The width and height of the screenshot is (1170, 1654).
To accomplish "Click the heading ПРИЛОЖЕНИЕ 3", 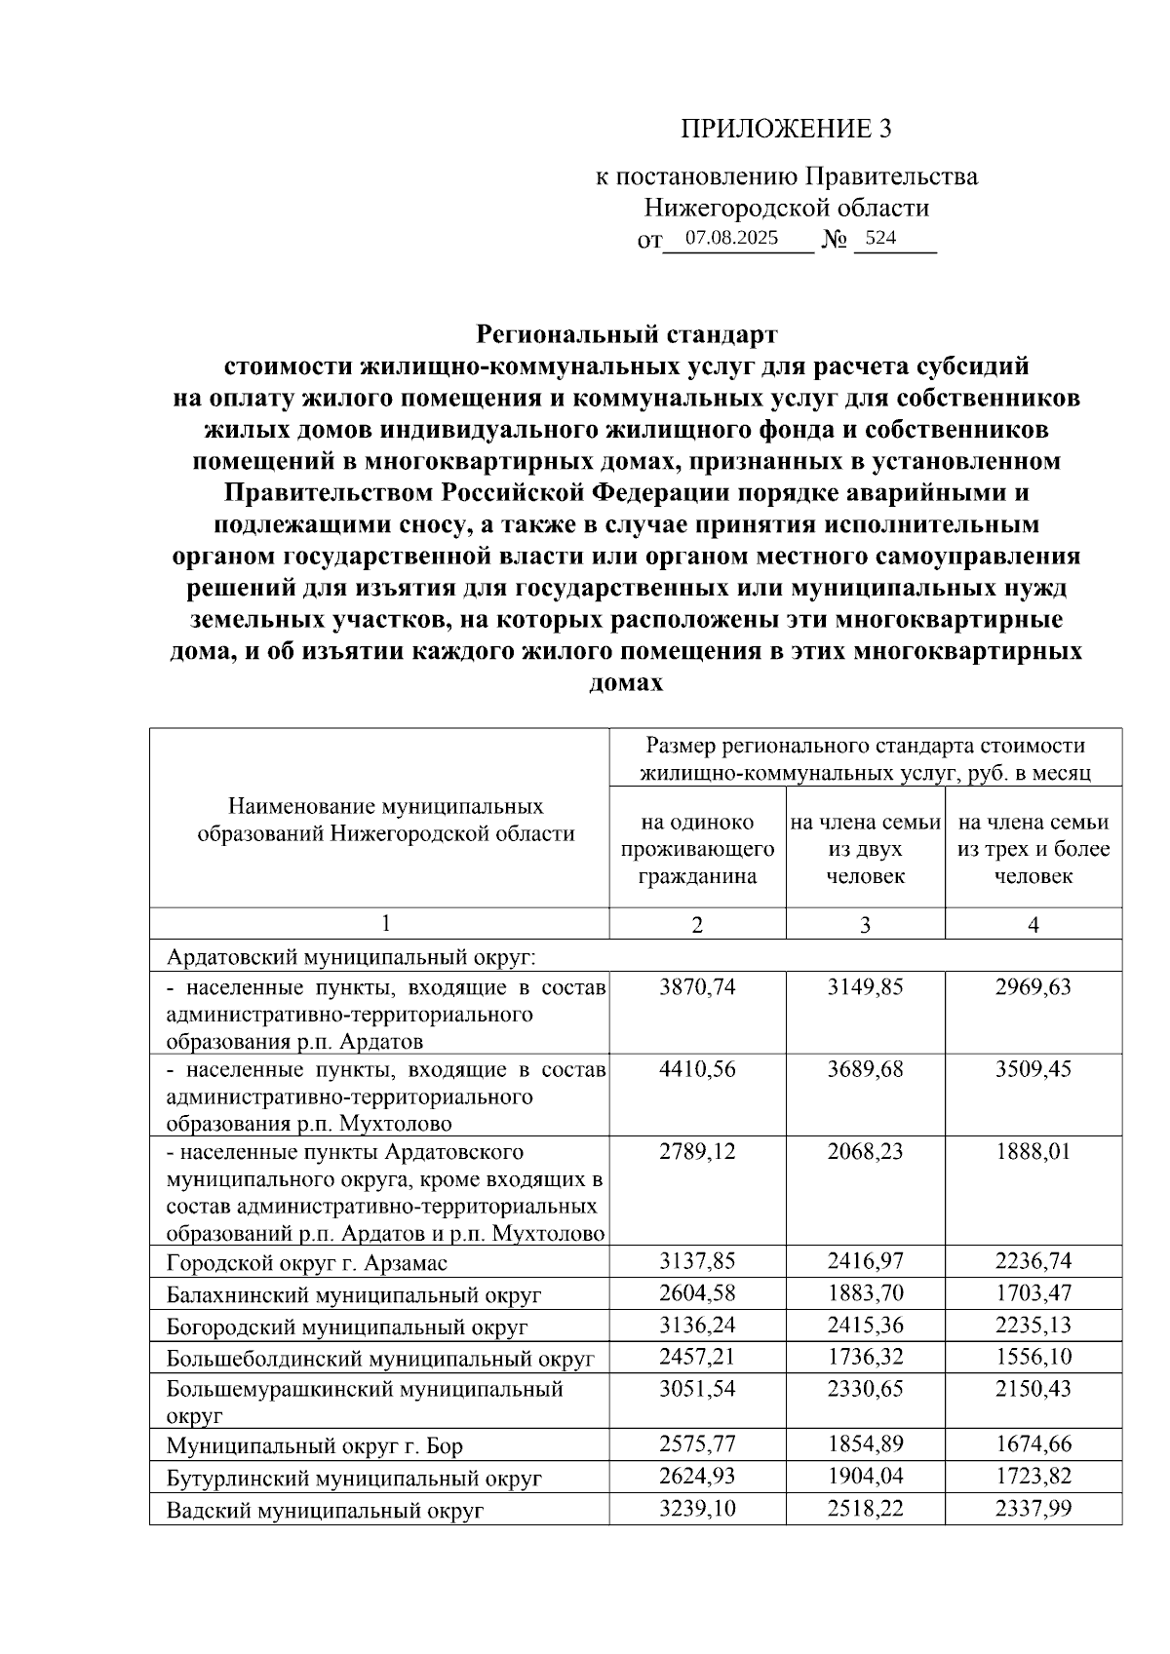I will (786, 129).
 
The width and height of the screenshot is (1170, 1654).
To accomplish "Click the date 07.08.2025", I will (731, 238).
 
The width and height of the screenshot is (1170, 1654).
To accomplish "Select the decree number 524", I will (880, 238).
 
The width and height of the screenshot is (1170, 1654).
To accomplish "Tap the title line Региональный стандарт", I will (626, 334).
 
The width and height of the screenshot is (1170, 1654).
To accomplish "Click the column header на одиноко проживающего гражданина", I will (697, 849).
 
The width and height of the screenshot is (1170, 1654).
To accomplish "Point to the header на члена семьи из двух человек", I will (865, 849).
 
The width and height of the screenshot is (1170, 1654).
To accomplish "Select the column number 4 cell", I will (1033, 924).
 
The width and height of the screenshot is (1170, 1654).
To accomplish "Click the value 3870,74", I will (697, 987).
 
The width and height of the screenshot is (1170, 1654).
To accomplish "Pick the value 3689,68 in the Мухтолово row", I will (865, 1069).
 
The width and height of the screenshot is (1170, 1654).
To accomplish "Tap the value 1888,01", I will (1033, 1151).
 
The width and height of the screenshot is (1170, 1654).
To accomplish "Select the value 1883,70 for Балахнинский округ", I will (865, 1293).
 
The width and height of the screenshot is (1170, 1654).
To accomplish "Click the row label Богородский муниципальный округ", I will (347, 1327).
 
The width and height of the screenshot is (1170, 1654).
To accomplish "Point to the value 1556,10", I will (1033, 1357).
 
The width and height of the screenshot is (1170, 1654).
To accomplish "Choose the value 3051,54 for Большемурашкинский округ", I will (697, 1389).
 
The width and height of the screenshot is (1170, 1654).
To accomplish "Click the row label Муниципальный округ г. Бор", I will (314, 1445).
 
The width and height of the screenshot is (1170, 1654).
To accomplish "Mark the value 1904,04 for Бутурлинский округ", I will (865, 1477).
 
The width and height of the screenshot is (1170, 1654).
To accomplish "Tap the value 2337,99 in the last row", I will (1033, 1509).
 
